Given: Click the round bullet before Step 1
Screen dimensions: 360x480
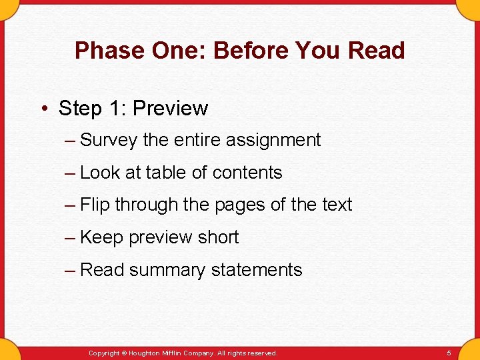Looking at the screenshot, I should [x=43, y=109].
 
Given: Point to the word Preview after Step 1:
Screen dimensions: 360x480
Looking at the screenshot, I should [x=173, y=108].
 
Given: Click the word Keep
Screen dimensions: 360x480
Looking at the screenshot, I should [x=101, y=237].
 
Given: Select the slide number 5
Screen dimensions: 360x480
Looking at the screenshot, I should [x=449, y=353].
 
